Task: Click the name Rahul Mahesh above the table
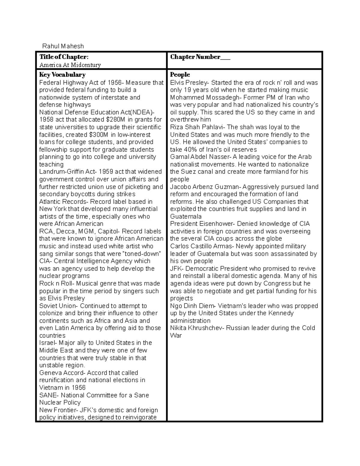point(63,46)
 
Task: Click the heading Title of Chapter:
point(64,57)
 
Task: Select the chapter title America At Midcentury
point(70,65)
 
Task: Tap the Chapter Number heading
point(200,57)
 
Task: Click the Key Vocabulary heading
point(62,75)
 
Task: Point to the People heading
point(180,75)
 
